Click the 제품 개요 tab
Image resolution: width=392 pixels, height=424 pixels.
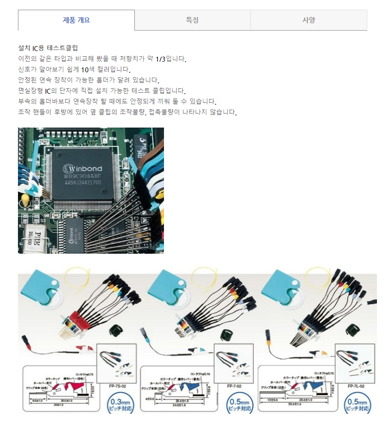coord(76,20)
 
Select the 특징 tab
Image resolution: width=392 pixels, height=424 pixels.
coord(192,20)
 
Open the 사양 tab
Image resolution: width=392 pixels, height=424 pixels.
coord(309,20)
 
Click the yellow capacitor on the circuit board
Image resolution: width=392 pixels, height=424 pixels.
coord(23,199)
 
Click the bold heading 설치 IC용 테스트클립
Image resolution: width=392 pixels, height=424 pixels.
coord(48,48)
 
